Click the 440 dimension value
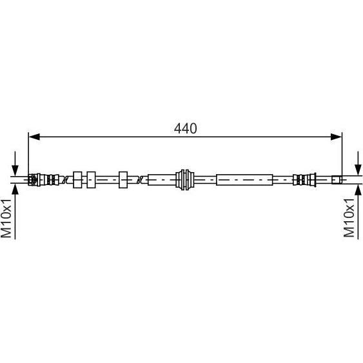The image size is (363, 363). click(185, 128)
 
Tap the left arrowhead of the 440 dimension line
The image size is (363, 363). click(34, 137)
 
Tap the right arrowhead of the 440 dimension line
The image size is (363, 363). click(336, 137)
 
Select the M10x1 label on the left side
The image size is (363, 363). click(6, 219)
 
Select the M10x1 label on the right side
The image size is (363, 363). click(349, 218)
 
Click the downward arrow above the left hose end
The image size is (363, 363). click(15, 164)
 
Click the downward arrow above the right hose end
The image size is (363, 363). click(358, 164)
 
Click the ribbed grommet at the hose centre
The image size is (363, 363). click(185, 180)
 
